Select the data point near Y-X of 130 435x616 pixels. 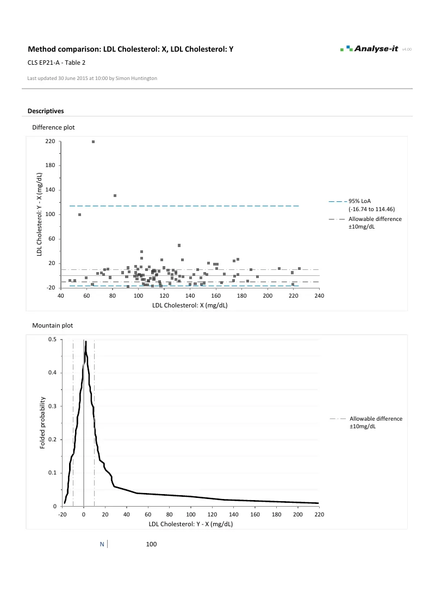(115, 195)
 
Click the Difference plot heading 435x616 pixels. (53, 127)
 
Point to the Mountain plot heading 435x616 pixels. (52, 325)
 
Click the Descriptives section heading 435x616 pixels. (46, 111)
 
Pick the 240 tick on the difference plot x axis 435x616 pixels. (319, 296)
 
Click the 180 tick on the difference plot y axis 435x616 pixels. (51, 165)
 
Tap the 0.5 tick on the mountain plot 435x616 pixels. (53, 340)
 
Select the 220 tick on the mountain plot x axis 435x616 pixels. (319, 515)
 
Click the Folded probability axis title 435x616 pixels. (43, 423)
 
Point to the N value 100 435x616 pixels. (151, 544)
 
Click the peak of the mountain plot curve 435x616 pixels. (86, 342)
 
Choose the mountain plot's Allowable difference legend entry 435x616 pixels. (375, 422)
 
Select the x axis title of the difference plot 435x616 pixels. (190, 306)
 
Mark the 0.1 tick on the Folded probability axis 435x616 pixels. (53, 473)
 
